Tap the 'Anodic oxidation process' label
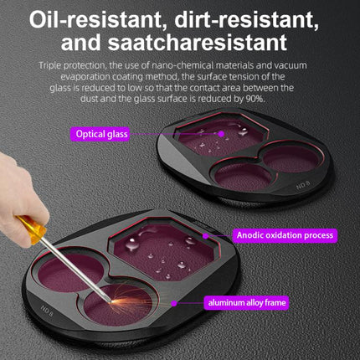(x=285, y=235)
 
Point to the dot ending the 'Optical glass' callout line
(x=222, y=133)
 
